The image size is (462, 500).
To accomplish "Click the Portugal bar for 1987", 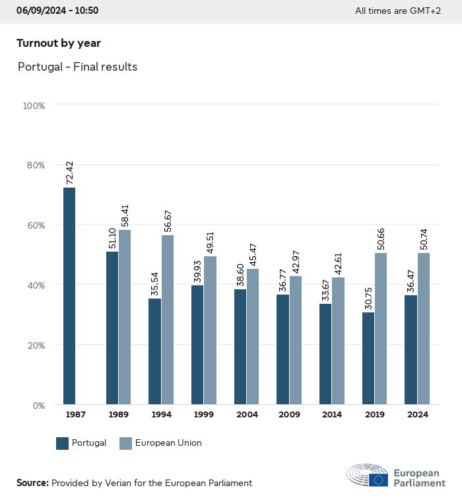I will pos(69,296).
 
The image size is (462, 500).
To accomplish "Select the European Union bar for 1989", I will pos(125,317).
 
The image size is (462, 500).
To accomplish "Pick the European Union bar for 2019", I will pos(381,328).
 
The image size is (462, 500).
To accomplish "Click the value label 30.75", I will pos(368,298).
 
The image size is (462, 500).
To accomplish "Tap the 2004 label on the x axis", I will pos(247,415).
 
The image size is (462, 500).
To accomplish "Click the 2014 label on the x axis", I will pos(332,415).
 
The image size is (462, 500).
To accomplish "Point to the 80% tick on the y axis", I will pos(34,165).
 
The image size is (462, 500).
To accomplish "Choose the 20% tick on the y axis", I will pos(34,345).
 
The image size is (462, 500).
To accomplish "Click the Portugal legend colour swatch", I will pos(63,443).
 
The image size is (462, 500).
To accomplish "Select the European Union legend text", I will pos(168,443).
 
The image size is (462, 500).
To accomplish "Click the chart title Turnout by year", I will pos(59,44).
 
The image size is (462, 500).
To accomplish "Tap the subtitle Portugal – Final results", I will pos(77,67).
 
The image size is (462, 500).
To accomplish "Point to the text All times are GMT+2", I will pos(397,11).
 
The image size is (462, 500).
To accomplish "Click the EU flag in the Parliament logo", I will pos(378,480).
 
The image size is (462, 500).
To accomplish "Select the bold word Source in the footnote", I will pos(32,483).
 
